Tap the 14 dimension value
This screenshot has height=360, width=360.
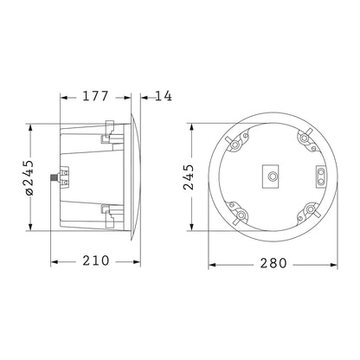[162, 96]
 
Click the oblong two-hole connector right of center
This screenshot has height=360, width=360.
[321, 177]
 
